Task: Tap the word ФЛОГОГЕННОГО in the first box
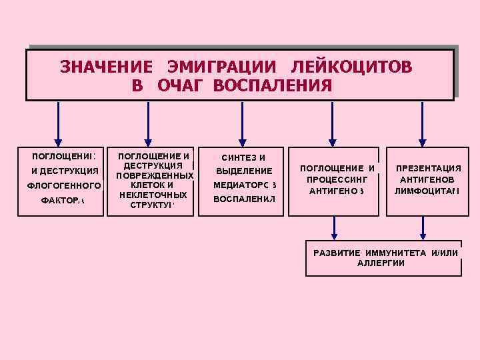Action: (62, 186)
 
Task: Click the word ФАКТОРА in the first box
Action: (62, 200)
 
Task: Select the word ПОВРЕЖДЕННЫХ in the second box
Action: (154, 175)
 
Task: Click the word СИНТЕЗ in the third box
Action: (237, 157)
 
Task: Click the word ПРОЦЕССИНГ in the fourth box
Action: (337, 179)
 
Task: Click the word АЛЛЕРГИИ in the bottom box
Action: (381, 263)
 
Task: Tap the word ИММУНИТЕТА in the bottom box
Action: (396, 252)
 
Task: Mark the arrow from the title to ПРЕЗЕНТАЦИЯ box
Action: (421, 123)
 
